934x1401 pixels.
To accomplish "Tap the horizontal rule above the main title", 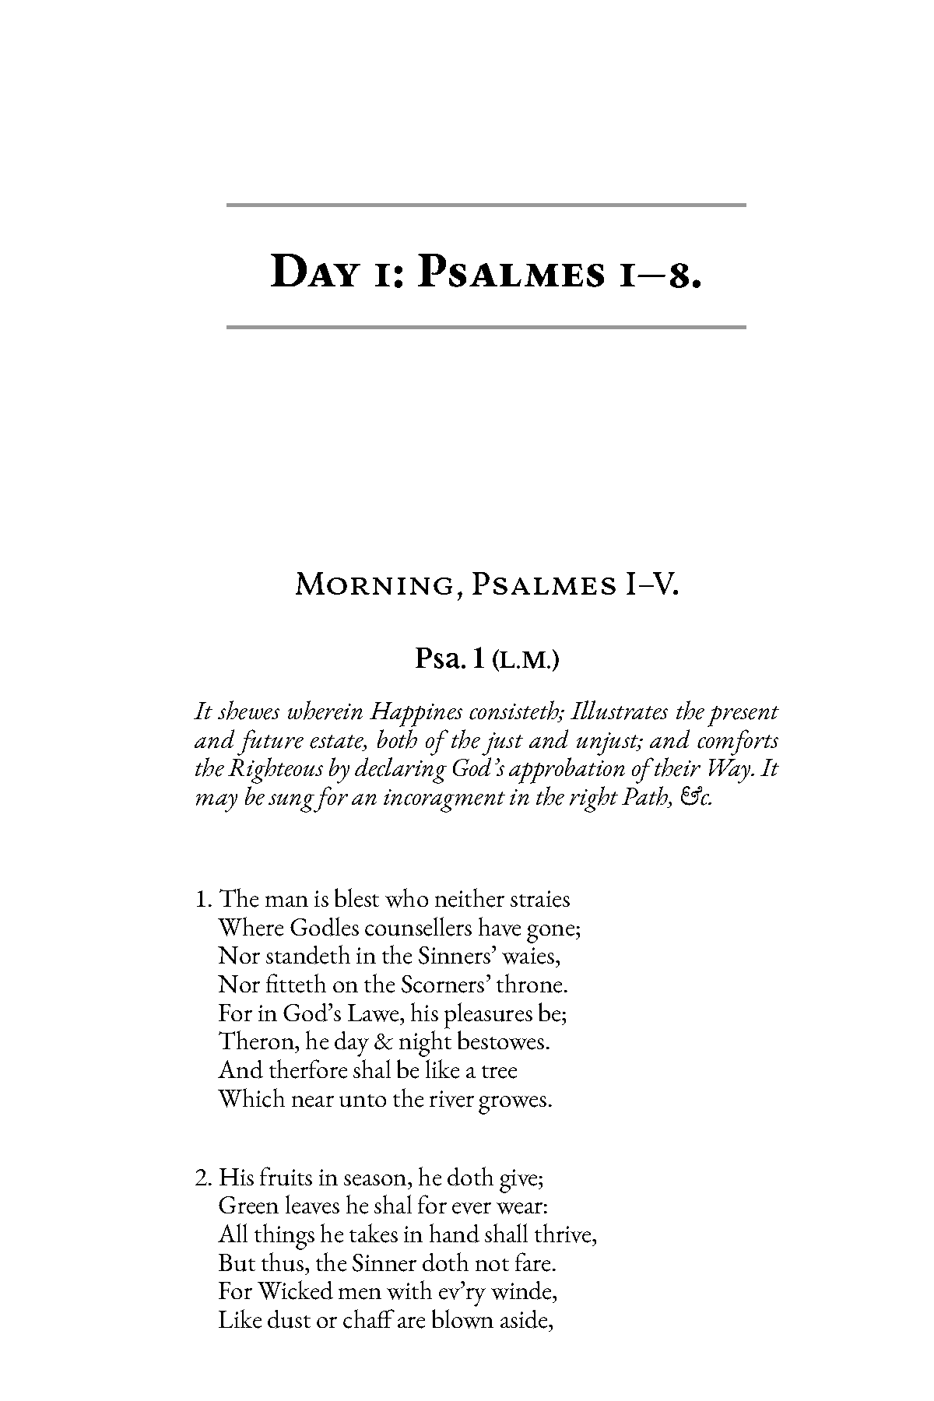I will [x=486, y=205].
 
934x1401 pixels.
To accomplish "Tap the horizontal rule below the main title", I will [x=486, y=327].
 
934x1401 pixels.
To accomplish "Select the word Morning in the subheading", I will [x=374, y=585].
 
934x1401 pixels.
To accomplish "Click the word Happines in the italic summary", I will [x=418, y=712].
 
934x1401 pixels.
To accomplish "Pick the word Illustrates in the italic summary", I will [x=619, y=712].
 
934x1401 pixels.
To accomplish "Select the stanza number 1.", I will [x=202, y=900].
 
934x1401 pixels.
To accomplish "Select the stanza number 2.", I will [x=202, y=1177].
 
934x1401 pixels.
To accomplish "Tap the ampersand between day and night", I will [x=384, y=1042].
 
